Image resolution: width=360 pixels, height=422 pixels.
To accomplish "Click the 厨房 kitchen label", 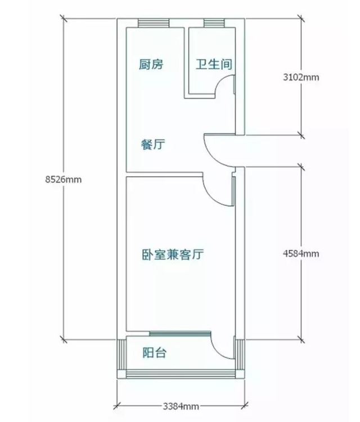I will click(x=151, y=64).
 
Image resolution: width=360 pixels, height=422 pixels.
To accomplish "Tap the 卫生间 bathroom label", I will click(x=214, y=64).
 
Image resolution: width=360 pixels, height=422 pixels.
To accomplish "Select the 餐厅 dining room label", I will click(x=152, y=145).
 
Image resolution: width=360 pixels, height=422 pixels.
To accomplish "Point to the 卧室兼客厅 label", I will click(x=172, y=254).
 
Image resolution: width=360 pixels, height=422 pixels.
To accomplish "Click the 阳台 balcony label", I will click(x=154, y=353).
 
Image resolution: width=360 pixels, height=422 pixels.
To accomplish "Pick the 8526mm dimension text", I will click(x=63, y=179).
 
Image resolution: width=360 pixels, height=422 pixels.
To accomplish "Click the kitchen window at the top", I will click(x=152, y=23).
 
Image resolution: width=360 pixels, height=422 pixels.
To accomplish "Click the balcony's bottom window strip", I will click(x=181, y=374).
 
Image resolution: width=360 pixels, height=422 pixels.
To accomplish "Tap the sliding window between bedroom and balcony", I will click(x=179, y=333).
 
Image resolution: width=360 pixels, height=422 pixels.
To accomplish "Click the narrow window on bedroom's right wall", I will click(x=233, y=191).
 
